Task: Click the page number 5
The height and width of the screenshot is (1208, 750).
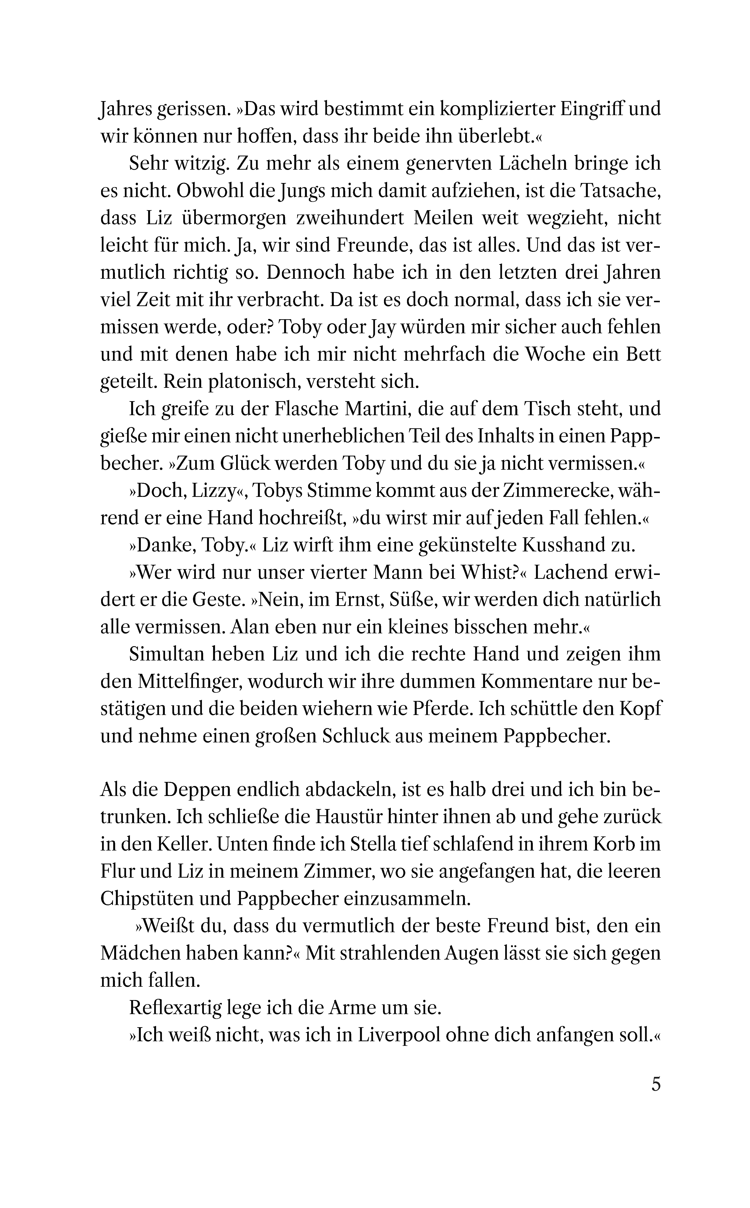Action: pyautogui.click(x=656, y=1084)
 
